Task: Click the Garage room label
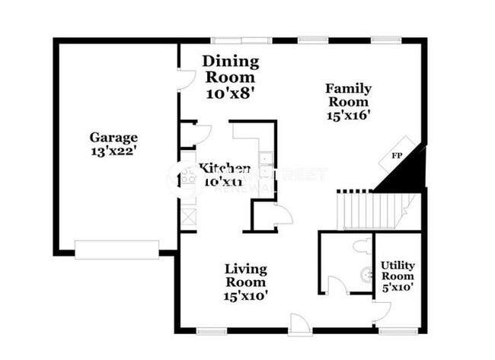[113, 138]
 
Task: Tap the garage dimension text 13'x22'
[113, 151]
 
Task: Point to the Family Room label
[347, 94]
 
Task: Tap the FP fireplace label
[397, 156]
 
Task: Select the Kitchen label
[225, 168]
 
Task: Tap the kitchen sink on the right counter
[266, 160]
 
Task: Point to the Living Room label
[245, 275]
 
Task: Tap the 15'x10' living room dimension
[245, 295]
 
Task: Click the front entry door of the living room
[299, 324]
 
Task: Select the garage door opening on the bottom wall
[117, 249]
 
